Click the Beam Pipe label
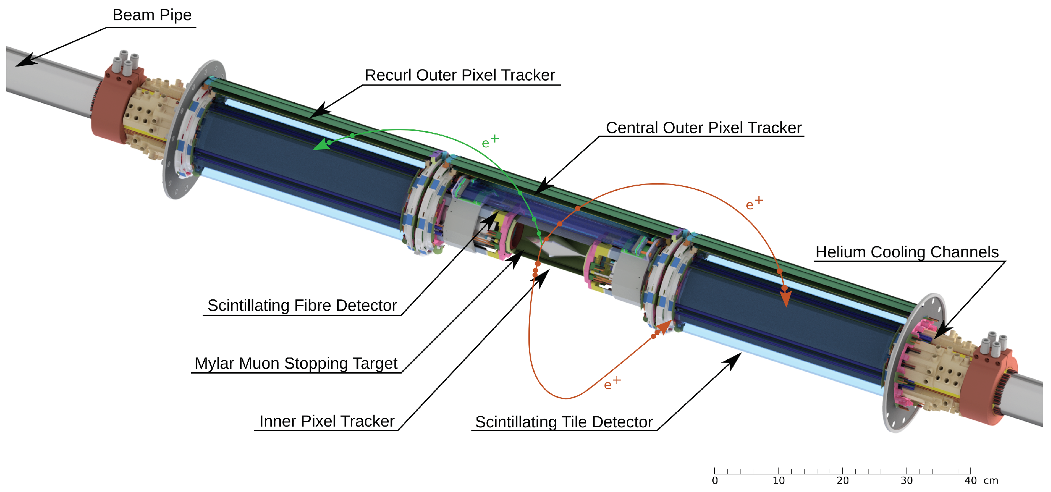pos(152,15)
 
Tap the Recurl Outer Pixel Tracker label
pos(460,75)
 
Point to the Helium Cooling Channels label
pos(907,252)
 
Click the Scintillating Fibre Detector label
pos(302,306)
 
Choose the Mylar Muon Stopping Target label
pos(296,363)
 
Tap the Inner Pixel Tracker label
pos(327,421)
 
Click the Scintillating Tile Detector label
pos(564,422)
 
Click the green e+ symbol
pos(490,141)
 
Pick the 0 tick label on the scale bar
pos(715,481)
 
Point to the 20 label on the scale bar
pos(843,481)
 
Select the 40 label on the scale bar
pos(970,481)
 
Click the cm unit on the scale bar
pos(991,481)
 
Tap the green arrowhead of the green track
pos(321,144)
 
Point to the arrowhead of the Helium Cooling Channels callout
pos(942,331)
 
